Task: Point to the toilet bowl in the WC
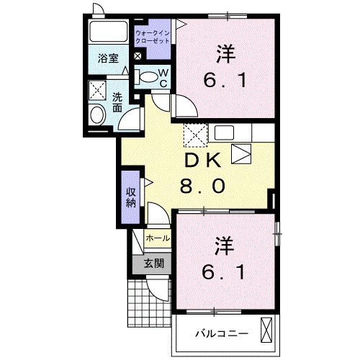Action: (148, 77)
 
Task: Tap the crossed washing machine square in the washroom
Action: (96, 90)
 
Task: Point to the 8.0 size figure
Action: (202, 186)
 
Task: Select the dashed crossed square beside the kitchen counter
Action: (194, 135)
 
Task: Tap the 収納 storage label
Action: (130, 197)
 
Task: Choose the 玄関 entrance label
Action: (153, 263)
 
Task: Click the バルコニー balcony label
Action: (222, 333)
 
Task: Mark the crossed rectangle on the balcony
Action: (266, 331)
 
